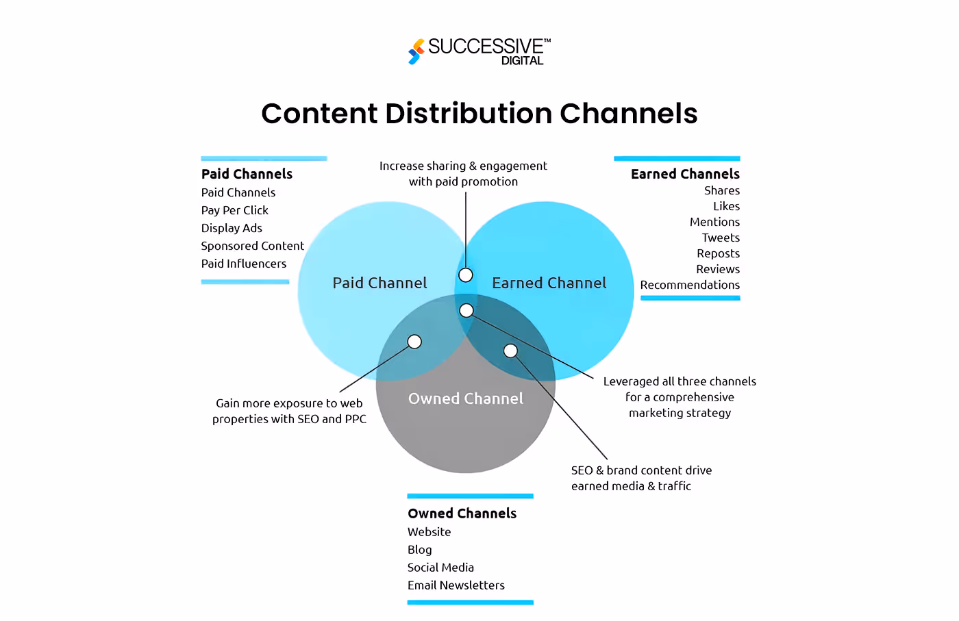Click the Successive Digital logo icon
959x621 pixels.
pos(416,51)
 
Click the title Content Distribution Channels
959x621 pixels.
pos(479,114)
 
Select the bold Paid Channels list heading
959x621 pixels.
pos(247,174)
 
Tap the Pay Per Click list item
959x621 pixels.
pos(234,210)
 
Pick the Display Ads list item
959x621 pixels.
pos(232,228)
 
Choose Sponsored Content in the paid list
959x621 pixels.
pos(252,246)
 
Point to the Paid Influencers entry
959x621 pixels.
pos(244,264)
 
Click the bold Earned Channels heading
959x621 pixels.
pos(685,174)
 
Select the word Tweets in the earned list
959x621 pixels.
pos(721,238)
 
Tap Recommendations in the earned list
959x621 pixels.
pos(690,285)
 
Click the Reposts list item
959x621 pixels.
pos(718,253)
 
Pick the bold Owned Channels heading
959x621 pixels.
pos(462,514)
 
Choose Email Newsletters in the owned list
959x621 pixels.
pos(456,585)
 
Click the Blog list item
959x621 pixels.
pos(419,550)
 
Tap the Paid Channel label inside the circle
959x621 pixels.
pos(379,283)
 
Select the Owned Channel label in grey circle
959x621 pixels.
pos(466,398)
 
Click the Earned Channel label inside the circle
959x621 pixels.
pos(549,283)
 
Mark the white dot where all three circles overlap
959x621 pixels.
pos(466,311)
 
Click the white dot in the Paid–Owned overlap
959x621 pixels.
pos(414,342)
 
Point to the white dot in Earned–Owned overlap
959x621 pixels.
pos(510,351)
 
